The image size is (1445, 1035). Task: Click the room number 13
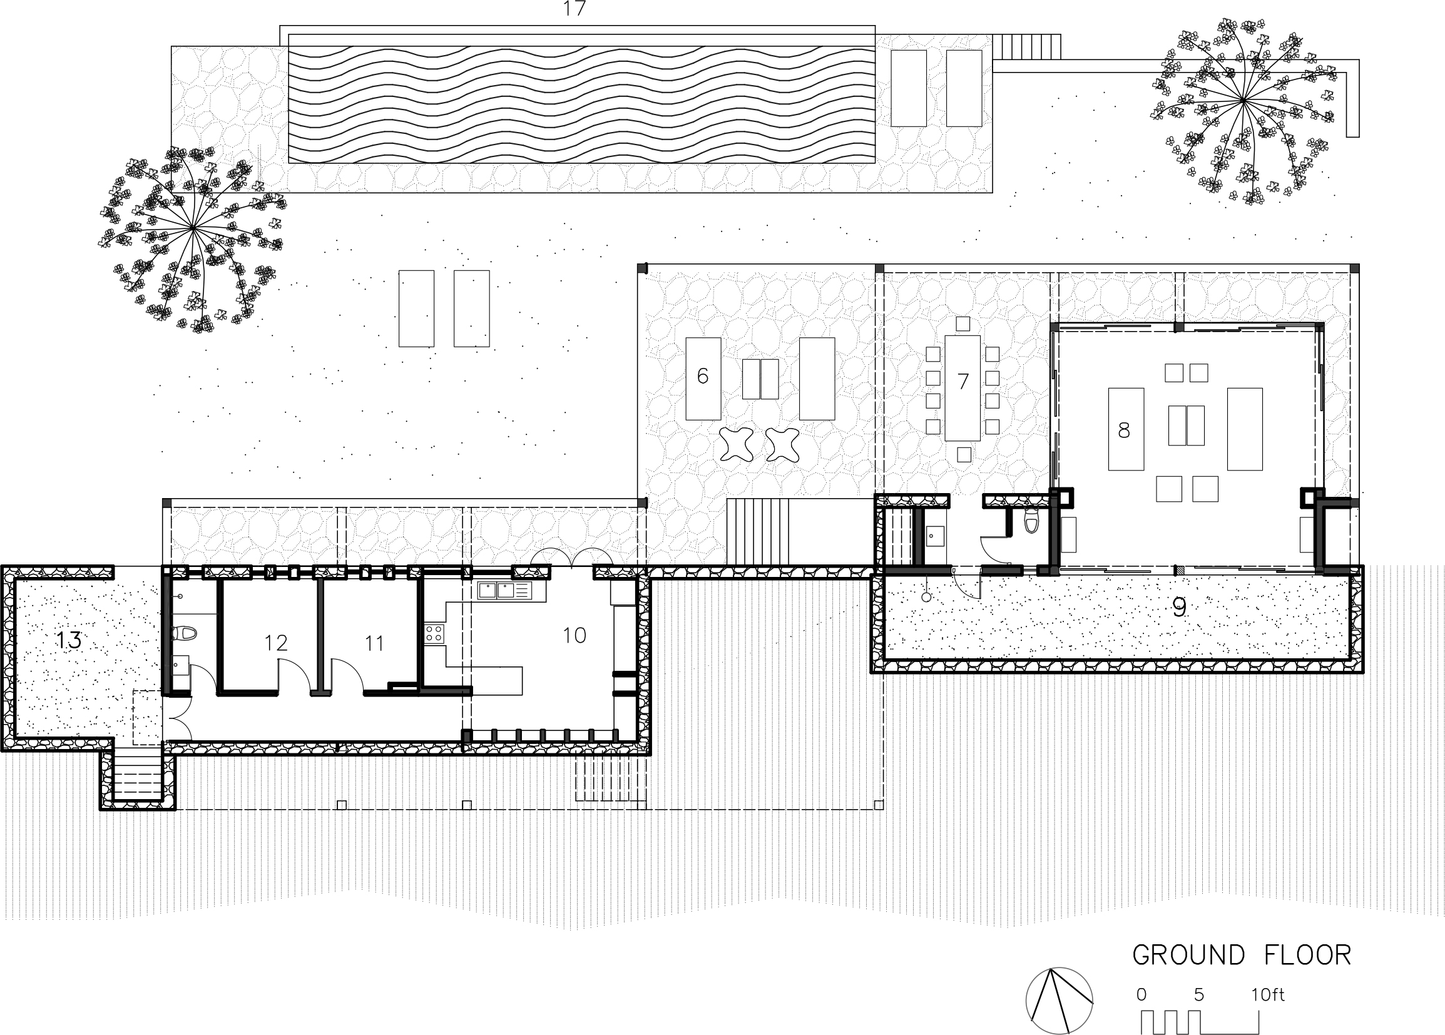pos(69,640)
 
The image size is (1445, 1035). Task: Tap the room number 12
pos(276,643)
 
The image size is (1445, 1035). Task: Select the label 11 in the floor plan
pos(374,643)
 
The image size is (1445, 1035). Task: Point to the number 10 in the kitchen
pos(574,635)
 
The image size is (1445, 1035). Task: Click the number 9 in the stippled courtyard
pos(1179,608)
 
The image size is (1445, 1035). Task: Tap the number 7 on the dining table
pos(962,382)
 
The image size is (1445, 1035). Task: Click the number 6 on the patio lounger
pos(703,377)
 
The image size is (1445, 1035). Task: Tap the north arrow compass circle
pos(1059,1001)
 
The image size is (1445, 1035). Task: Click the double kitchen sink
pos(497,591)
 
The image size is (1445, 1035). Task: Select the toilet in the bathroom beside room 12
pos(185,633)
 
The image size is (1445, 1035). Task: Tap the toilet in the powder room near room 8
pos(1031,522)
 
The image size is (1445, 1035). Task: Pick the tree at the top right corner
pos(1243,108)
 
